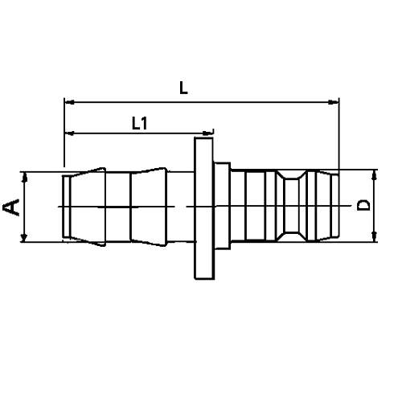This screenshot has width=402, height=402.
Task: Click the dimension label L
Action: tap(184, 91)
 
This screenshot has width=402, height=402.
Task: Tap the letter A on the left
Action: tap(12, 207)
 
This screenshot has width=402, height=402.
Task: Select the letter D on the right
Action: tap(364, 205)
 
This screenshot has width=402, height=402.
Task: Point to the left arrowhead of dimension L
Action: tap(68, 102)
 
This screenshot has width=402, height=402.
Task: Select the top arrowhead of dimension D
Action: tap(375, 175)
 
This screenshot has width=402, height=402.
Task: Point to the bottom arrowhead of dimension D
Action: tap(375, 236)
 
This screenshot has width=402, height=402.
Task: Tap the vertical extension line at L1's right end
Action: tap(214, 149)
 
